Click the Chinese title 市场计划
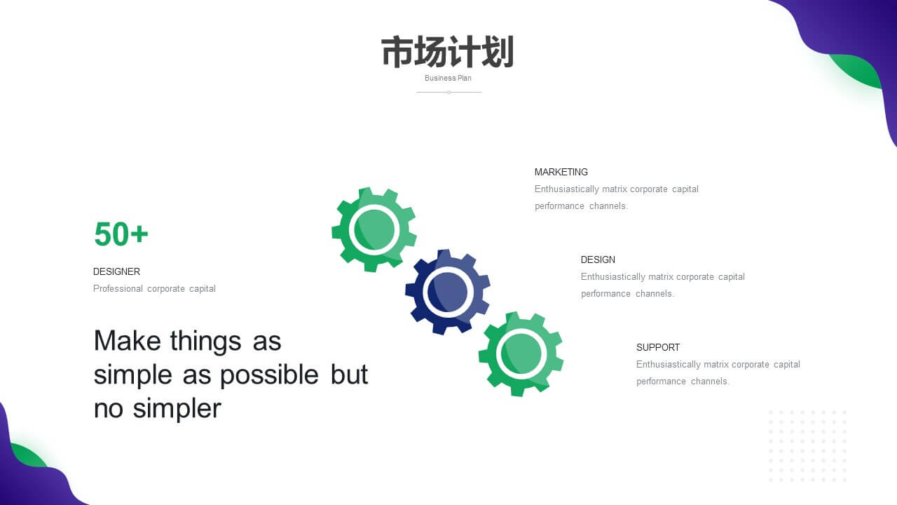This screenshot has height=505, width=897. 448,52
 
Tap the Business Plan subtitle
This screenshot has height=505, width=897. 448,78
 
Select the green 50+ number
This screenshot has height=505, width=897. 121,234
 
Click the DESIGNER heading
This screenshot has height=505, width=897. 116,271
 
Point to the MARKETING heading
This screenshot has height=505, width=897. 561,172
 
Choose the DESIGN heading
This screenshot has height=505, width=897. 598,260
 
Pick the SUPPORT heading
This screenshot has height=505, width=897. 658,347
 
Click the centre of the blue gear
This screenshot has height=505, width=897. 447,292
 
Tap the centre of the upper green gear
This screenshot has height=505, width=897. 374,229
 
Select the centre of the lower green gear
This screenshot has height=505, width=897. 521,354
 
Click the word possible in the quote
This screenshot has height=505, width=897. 269,375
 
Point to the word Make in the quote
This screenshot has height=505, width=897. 128,341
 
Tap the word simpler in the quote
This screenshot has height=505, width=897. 177,409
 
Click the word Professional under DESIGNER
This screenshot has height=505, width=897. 118,288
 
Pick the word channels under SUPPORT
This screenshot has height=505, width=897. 710,381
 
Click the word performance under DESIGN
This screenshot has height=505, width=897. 605,294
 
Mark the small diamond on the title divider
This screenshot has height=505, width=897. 449,92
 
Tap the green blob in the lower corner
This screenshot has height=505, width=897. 28,455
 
